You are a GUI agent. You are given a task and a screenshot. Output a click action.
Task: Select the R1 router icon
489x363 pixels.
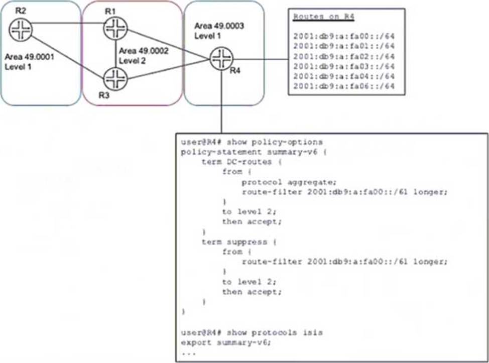pyautogui.click(x=112, y=28)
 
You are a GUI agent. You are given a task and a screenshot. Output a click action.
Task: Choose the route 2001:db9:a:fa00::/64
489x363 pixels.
pyautogui.click(x=343, y=37)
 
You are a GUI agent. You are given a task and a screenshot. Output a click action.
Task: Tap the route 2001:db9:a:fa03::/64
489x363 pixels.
pyautogui.click(x=343, y=66)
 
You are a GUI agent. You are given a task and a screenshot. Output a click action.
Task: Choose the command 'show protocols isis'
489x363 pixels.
pyautogui.click(x=274, y=332)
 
